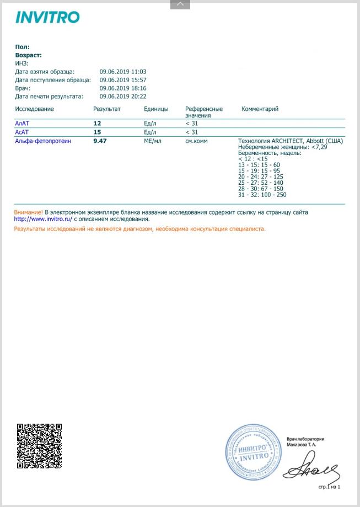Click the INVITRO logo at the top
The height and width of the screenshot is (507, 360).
(47, 17)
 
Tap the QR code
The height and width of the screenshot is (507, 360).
(39, 446)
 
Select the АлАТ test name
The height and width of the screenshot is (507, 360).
(23, 124)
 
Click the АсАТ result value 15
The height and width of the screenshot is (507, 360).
(97, 132)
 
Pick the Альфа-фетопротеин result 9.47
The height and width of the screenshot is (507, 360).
(100, 141)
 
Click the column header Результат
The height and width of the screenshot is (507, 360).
(107, 109)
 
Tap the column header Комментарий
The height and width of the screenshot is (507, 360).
(260, 109)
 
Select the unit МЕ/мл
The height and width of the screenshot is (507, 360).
(152, 141)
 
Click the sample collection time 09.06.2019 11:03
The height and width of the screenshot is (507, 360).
(123, 72)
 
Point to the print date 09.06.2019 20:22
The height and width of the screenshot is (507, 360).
(123, 97)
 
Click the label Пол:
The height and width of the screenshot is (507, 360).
(23, 47)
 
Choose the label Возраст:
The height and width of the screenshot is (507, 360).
(29, 55)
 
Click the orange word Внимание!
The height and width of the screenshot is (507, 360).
(28, 212)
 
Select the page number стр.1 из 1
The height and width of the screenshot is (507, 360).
(330, 487)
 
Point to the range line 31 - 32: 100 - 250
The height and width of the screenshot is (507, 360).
(262, 195)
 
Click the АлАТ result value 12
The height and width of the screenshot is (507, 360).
(97, 124)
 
